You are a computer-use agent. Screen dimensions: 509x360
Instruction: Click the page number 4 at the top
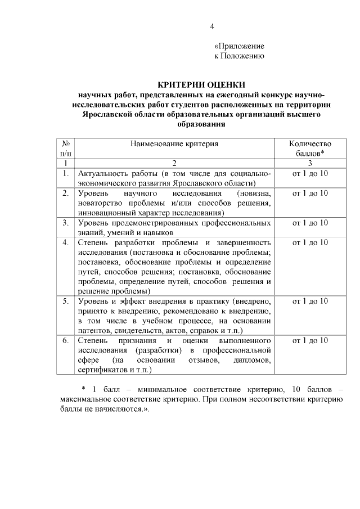pos(212,26)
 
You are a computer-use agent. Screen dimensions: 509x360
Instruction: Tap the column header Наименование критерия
pos(174,144)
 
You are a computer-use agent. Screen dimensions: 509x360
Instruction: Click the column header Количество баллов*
pos(309,148)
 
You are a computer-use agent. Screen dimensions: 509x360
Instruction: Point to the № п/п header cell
pos(66,148)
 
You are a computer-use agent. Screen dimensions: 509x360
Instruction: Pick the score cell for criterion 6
pos(309,340)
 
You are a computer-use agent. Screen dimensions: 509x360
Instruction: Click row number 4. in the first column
pos(66,242)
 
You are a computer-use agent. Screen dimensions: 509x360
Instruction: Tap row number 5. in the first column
pos(66,301)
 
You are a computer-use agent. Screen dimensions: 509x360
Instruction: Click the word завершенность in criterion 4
pos(245,242)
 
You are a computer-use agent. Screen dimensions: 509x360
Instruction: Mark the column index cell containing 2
pos(174,163)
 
